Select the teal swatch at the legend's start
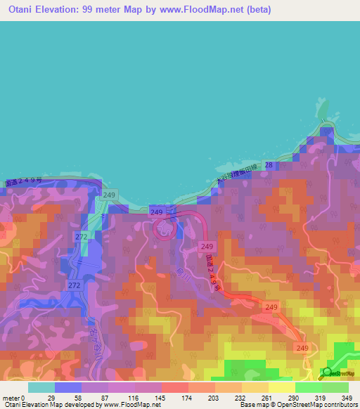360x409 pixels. [x=41, y=387]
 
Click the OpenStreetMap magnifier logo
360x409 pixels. [x=327, y=372]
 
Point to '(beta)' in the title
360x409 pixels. [x=257, y=10]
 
